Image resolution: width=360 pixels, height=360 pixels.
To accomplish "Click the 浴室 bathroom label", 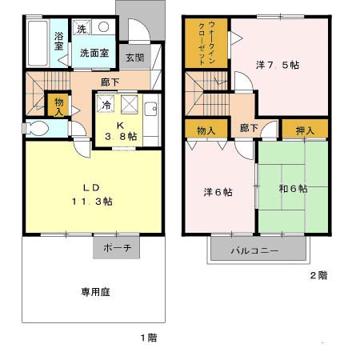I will point(59,41).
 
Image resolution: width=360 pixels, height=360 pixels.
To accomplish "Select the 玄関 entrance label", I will point(135,58).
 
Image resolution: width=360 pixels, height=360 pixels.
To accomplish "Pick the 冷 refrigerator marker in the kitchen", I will point(106,103).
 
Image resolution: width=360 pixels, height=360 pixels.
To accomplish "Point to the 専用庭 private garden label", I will point(94,292).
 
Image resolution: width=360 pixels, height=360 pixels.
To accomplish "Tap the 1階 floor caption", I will point(146,338).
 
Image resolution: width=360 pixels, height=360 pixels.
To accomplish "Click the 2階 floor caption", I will point(318,275).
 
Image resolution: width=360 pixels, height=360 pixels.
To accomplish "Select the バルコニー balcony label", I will point(255,250).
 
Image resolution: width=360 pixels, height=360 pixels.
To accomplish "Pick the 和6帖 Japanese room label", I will point(293,189).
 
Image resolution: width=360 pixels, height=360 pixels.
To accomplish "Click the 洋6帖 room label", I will point(218,192).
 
